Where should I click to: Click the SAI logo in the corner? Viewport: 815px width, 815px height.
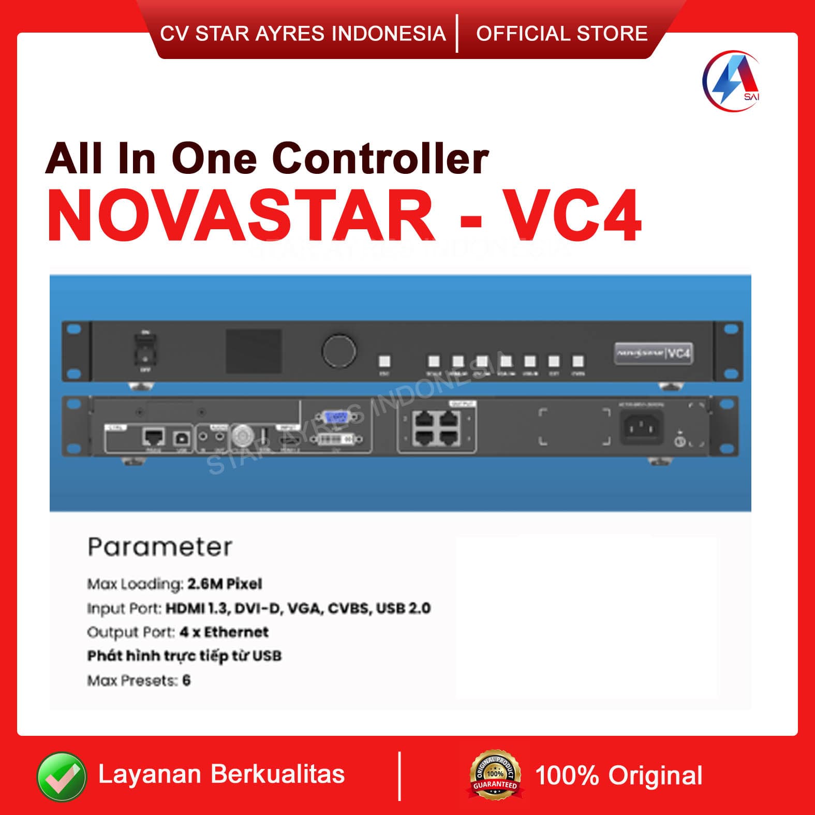[x=731, y=80]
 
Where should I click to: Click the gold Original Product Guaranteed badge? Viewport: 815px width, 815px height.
[x=495, y=775]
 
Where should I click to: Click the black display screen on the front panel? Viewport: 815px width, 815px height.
[x=254, y=350]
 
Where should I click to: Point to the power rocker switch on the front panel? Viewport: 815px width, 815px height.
[x=146, y=349]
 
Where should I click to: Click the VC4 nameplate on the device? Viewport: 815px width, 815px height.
[x=654, y=353]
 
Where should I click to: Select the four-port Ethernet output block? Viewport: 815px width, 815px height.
[x=436, y=429]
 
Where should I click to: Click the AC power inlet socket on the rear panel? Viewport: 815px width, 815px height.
[x=642, y=427]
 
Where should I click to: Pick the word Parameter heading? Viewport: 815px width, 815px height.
[x=160, y=547]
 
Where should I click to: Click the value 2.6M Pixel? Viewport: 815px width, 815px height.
[x=225, y=584]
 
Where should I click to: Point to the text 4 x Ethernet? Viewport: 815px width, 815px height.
[x=224, y=632]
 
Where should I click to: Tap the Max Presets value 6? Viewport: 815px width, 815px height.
[x=186, y=680]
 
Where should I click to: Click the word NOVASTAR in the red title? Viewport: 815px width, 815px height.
[x=241, y=216]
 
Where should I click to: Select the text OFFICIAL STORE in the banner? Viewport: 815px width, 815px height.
[x=561, y=34]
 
